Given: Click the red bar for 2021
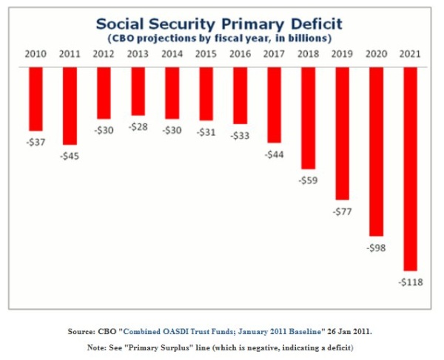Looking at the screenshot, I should (x=410, y=169).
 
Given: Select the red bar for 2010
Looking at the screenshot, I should (x=36, y=98).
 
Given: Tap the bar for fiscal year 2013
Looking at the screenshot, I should (x=138, y=91).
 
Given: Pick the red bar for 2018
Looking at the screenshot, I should (x=308, y=118).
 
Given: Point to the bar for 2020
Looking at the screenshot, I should (x=376, y=152).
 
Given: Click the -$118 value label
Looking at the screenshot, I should (x=410, y=282).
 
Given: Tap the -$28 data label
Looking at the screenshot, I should (x=138, y=127).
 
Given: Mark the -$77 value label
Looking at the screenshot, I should (x=342, y=211).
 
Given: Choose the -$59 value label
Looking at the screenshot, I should (x=308, y=180).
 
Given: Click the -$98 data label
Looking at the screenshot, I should (x=376, y=248).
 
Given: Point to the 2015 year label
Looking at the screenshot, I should (x=206, y=55).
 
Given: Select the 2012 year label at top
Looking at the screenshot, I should (x=104, y=55).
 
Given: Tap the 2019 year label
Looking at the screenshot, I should (x=342, y=55).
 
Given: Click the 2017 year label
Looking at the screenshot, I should (x=274, y=55).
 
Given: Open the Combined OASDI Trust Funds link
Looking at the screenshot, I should (x=209, y=330).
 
